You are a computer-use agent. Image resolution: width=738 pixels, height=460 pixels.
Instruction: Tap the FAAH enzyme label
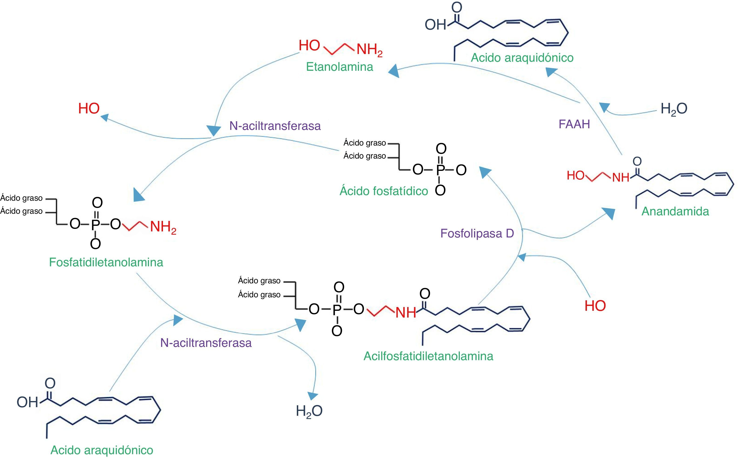(574, 124)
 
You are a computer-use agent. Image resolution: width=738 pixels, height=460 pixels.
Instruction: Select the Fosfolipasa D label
(477, 233)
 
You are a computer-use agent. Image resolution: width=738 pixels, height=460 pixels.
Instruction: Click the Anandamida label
(675, 211)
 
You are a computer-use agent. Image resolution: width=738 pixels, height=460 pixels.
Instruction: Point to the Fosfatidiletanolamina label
(106, 262)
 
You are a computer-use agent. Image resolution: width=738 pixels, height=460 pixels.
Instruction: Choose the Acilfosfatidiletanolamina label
(428, 356)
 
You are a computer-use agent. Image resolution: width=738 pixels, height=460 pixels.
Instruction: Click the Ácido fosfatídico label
(384, 191)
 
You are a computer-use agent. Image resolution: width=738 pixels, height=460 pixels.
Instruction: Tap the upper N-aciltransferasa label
(275, 126)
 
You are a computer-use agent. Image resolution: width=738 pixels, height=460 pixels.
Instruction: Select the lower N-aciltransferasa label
(206, 343)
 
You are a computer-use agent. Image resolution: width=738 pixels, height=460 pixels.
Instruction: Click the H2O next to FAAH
(674, 109)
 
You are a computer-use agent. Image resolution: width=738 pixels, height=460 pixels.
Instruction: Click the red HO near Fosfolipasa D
(595, 306)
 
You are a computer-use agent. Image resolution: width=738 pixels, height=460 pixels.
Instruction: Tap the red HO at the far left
(89, 109)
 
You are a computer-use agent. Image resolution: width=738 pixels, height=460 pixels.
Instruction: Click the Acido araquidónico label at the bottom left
(102, 450)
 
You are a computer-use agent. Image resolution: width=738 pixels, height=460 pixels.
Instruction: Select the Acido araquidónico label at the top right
(522, 57)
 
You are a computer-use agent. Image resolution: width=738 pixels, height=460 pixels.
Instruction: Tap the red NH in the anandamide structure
(621, 177)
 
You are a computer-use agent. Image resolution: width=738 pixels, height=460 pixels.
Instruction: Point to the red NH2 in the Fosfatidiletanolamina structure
(163, 227)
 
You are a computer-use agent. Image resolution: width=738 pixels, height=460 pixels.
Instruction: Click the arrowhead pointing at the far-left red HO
(104, 117)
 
